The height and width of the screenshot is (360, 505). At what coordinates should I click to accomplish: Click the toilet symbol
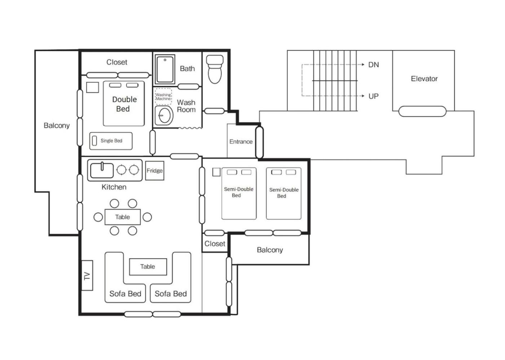point(215,69)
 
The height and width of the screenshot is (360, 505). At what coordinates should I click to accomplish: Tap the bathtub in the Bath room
point(165,69)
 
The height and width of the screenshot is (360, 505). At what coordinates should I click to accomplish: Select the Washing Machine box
point(163,97)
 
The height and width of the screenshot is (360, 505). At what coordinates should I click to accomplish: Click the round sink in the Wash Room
point(164,116)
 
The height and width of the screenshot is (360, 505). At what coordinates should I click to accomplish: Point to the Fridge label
point(155,171)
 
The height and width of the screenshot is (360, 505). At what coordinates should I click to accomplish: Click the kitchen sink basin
point(102,171)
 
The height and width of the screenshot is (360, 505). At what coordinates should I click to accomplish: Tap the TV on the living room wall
point(87,276)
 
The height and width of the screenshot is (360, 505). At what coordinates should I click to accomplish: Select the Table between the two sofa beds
point(148,267)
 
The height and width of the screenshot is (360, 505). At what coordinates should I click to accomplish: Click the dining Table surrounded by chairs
point(123,217)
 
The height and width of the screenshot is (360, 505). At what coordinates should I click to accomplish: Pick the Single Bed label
point(111,141)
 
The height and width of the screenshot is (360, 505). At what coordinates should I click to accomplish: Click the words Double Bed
point(124,104)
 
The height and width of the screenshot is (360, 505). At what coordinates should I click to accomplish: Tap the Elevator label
point(424,79)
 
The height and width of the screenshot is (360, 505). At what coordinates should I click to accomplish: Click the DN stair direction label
point(374,65)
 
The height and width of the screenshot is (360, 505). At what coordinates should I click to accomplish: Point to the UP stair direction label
point(374,96)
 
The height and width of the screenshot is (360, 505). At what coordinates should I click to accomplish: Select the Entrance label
point(241,141)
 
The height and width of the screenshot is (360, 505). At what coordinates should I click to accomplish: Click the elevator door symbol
point(422,111)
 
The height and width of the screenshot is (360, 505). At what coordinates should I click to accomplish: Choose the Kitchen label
point(114,187)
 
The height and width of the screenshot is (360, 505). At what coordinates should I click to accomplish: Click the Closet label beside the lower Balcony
point(215,244)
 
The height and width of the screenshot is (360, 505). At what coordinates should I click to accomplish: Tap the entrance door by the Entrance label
point(259,142)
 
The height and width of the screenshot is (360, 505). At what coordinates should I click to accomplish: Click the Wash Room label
point(186,106)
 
